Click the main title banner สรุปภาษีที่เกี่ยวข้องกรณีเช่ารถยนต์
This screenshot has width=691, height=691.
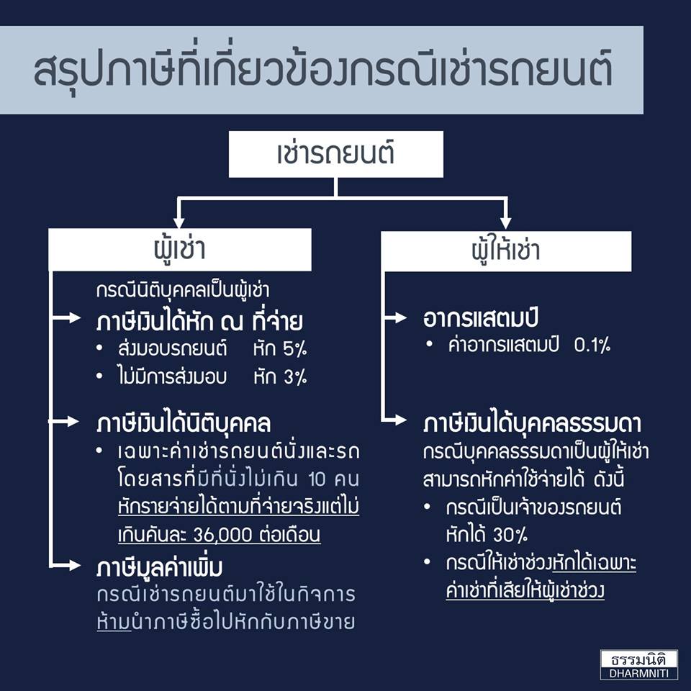coord(322,70)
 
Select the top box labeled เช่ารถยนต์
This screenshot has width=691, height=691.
coord(336,154)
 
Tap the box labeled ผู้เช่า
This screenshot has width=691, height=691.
coord(180,250)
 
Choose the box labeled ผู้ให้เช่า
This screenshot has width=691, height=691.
coord(506,251)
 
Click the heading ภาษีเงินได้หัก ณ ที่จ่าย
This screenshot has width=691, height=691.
coord(199,321)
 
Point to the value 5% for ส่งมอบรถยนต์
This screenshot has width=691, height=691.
coord(295,349)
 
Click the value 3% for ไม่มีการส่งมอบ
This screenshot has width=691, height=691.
coord(295,377)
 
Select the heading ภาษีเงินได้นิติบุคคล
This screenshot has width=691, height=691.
coord(184,423)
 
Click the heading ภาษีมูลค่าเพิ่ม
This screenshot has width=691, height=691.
coord(160,568)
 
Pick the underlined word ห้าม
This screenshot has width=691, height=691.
coord(114,622)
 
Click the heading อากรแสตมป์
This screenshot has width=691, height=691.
coord(480,319)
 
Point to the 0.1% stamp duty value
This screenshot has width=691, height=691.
coord(592,345)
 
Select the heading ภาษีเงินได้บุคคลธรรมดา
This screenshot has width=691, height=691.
coord(532,424)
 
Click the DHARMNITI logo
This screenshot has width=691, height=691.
coord(639,664)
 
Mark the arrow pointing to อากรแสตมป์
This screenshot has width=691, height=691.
coord(395,317)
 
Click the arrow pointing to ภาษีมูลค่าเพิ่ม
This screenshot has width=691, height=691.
coord(66,565)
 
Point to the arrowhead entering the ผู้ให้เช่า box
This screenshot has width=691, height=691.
coord(505,223)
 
